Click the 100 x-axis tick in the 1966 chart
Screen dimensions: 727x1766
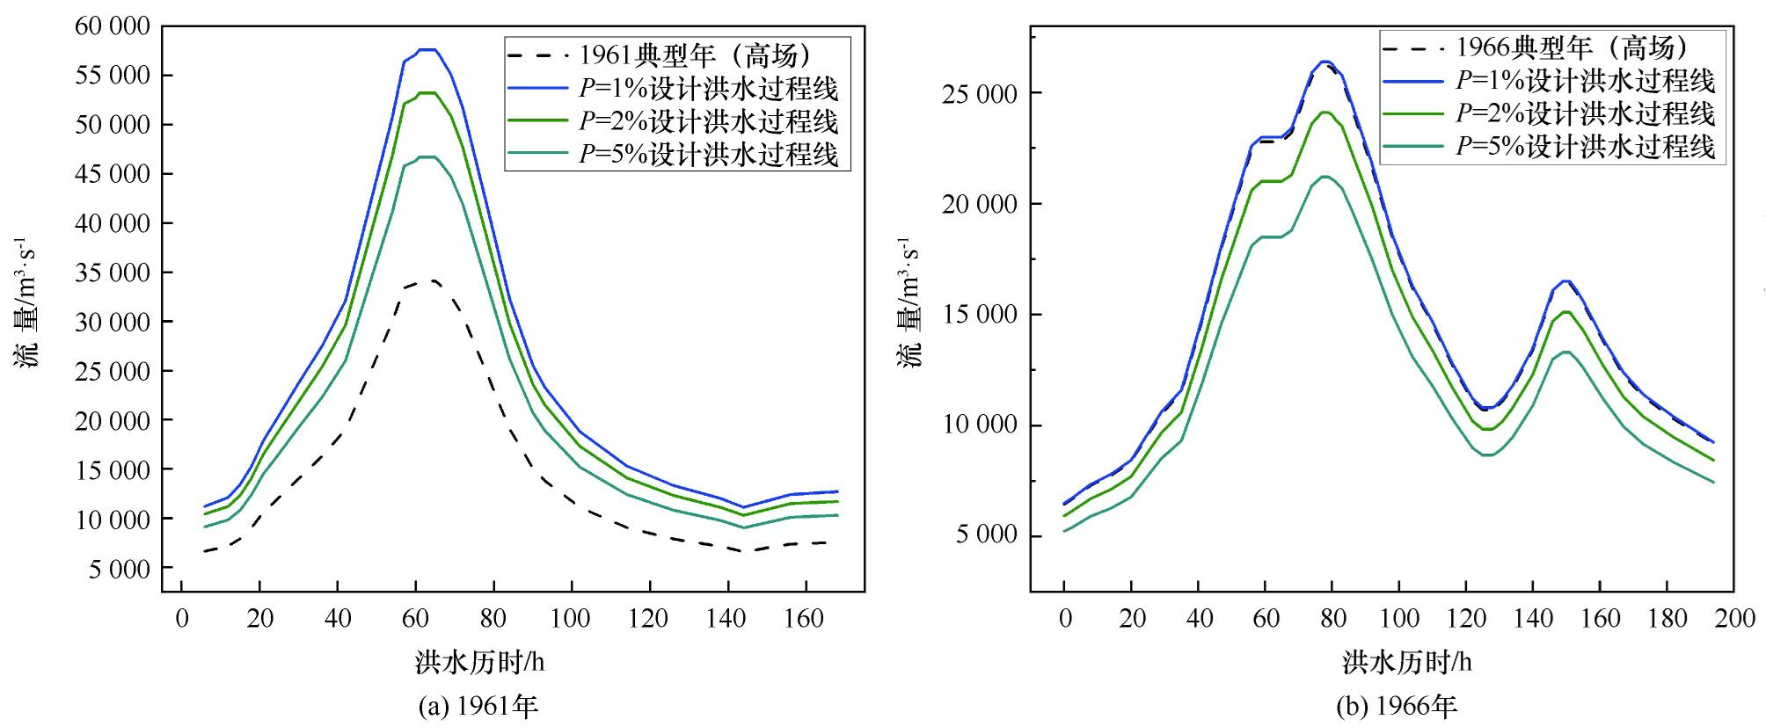[1398, 619]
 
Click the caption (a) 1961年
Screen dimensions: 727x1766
[478, 706]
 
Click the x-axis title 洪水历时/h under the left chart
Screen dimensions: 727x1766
[480, 662]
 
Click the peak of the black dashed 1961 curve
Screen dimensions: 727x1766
[431, 281]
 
